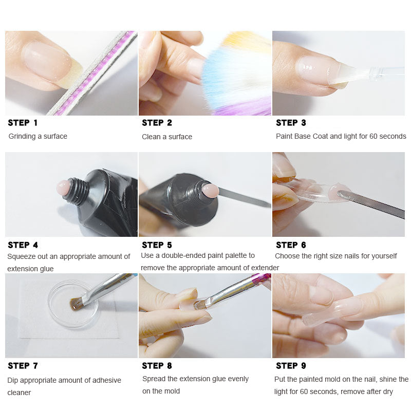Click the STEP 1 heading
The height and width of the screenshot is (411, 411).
(x=23, y=123)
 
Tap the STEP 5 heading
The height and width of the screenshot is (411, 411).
(x=157, y=245)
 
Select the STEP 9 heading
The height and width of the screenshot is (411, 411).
(x=291, y=366)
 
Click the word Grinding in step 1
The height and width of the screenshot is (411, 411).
(x=22, y=137)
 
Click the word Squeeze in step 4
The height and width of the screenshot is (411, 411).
(x=20, y=256)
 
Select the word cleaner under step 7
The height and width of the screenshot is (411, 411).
(x=19, y=393)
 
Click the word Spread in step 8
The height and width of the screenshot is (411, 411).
(x=153, y=379)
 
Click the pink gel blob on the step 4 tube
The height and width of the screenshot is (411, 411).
(x=64, y=187)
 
